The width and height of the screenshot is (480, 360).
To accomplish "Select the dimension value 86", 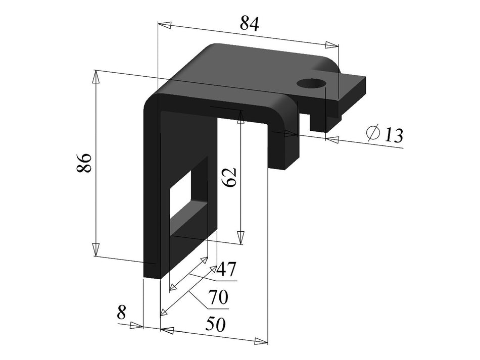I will [x=84, y=163].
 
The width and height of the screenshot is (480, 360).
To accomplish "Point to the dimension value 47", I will [x=226, y=270].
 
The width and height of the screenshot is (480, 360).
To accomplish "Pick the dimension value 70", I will [x=219, y=297].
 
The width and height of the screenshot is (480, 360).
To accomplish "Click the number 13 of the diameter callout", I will [x=393, y=135].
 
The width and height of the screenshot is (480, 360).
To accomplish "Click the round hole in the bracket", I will [x=310, y=83].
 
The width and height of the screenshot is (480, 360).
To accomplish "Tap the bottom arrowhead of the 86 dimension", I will [x=95, y=250].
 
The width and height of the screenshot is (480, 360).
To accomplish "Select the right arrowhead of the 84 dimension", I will [x=331, y=45].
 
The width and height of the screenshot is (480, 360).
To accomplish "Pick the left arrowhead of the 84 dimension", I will [x=165, y=25].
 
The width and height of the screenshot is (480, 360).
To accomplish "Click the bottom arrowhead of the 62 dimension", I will [x=241, y=237].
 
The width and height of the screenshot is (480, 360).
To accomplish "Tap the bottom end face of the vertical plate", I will [x=152, y=276].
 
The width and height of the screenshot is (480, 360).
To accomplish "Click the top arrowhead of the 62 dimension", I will [x=241, y=118].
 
